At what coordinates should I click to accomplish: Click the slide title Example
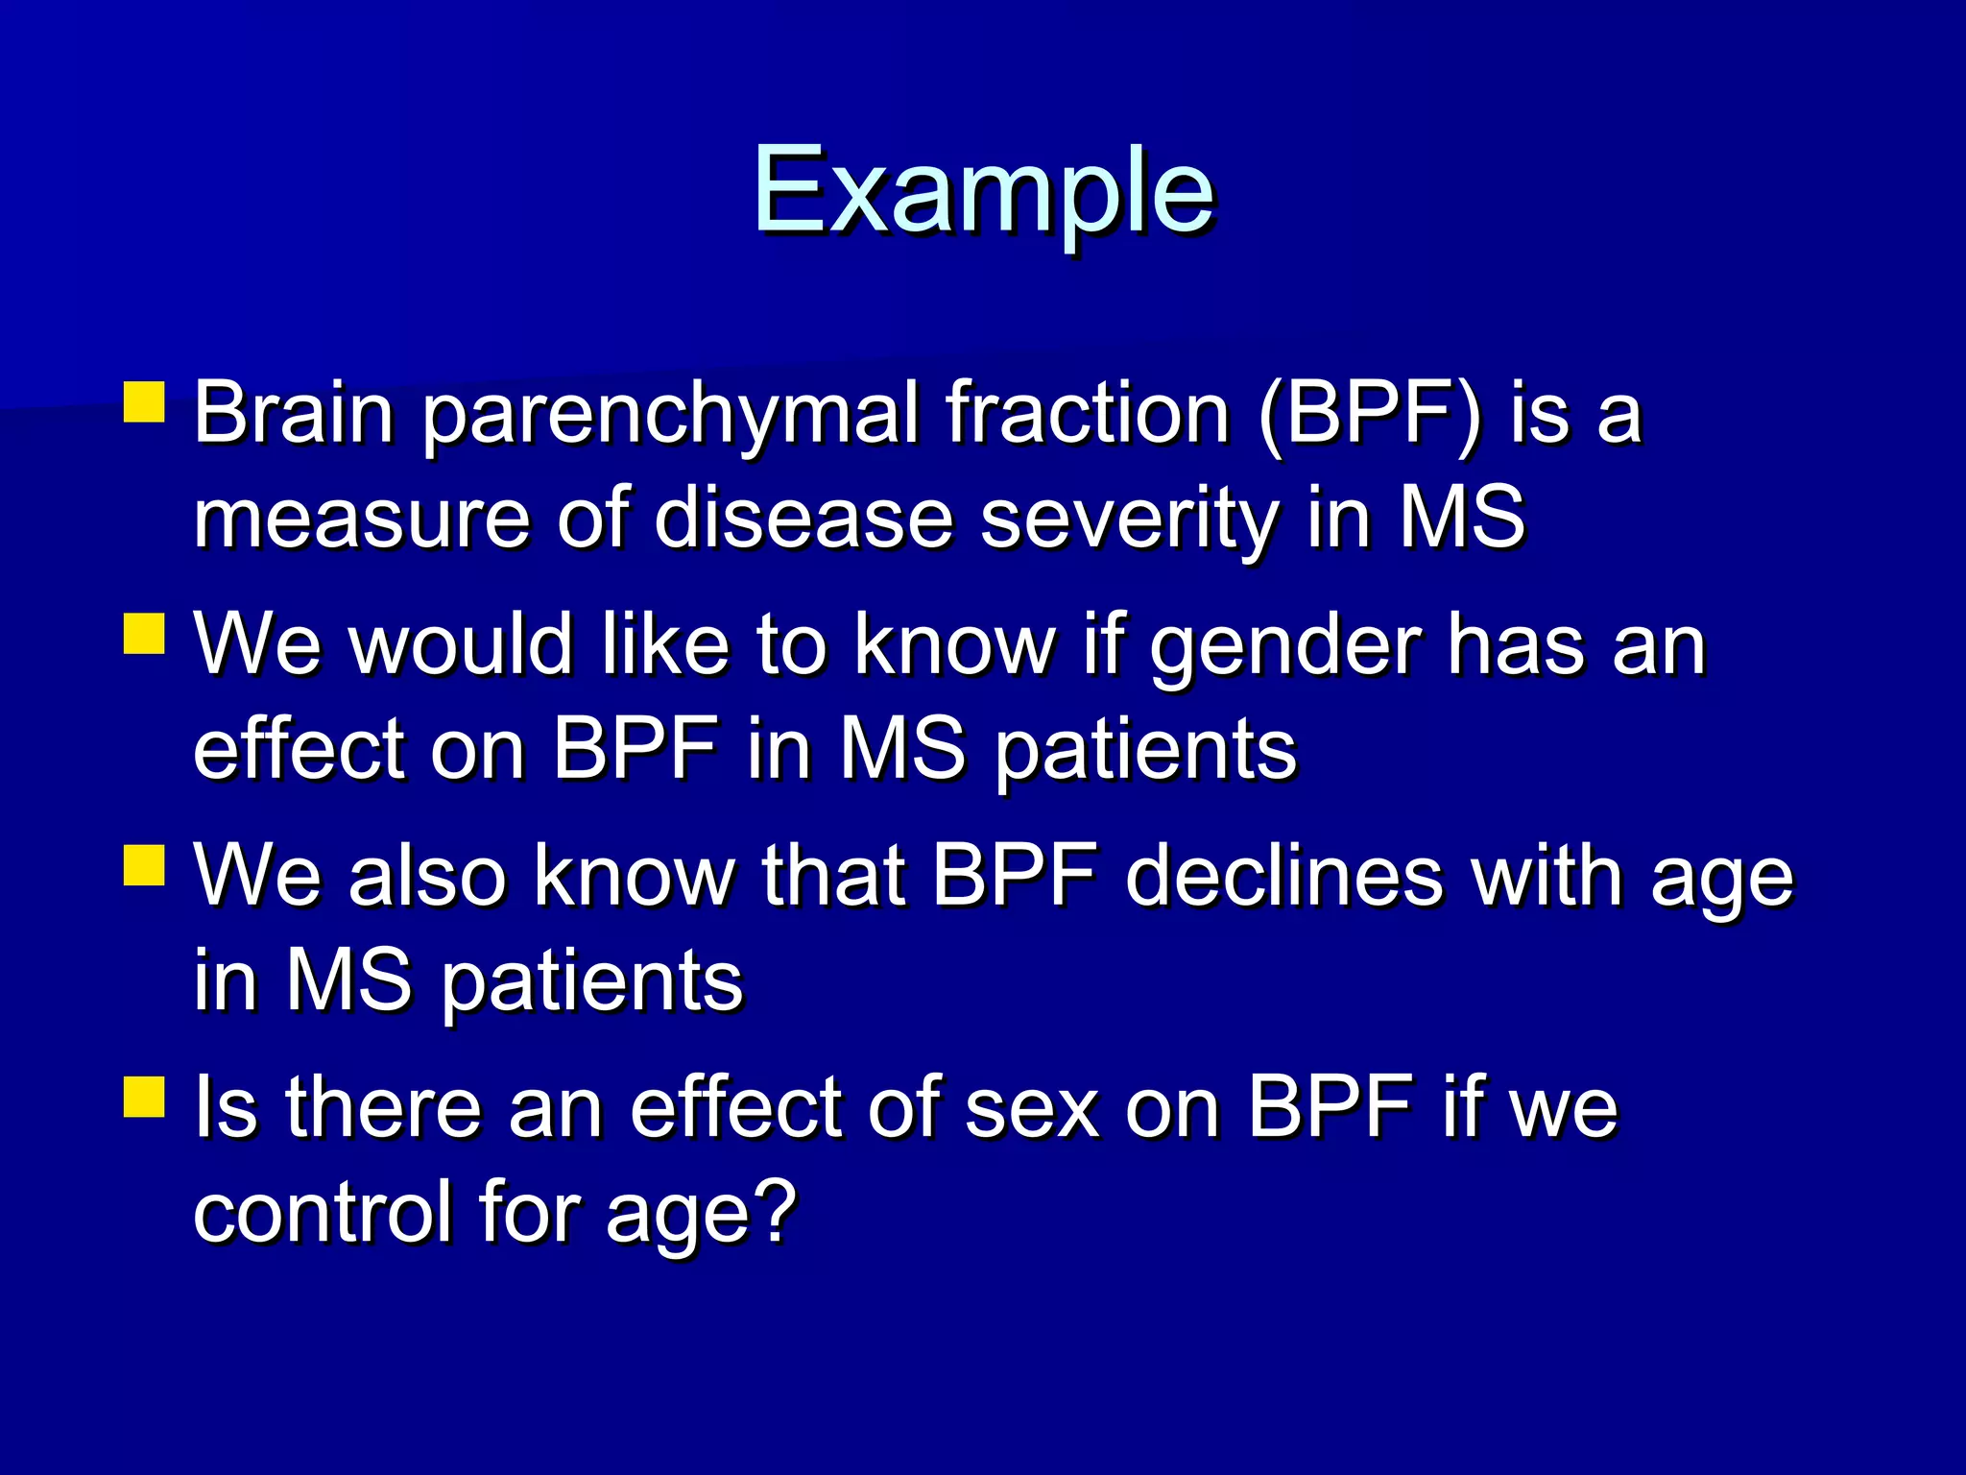pyautogui.click(x=983, y=192)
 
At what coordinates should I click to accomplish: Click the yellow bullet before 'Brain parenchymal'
pyautogui.click(x=145, y=403)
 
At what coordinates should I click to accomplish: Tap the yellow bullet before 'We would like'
pyautogui.click(x=145, y=635)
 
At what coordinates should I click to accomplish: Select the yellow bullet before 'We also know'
pyautogui.click(x=145, y=865)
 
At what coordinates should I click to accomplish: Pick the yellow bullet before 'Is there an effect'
pyautogui.click(x=145, y=1097)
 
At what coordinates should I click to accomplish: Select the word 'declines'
pyautogui.click(x=1284, y=876)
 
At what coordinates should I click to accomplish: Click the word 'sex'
pyautogui.click(x=1031, y=1109)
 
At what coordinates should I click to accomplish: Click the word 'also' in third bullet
pyautogui.click(x=426, y=876)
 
